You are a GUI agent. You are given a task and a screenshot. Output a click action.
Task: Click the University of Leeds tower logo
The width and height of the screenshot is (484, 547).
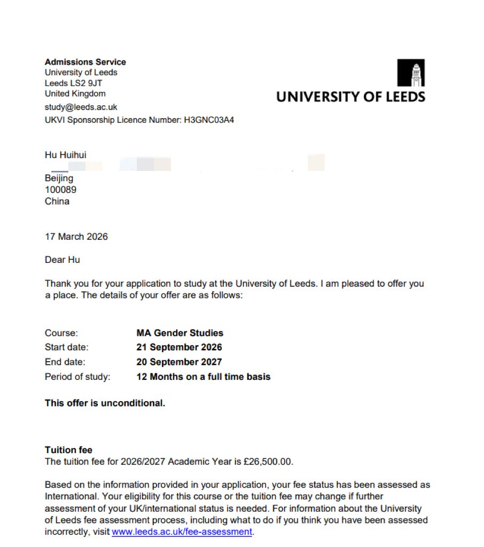coord(411,73)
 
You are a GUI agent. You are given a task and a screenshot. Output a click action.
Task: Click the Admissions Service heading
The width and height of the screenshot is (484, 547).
coord(85,62)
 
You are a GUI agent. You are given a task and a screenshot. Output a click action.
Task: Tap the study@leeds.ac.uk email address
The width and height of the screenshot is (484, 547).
coord(81,107)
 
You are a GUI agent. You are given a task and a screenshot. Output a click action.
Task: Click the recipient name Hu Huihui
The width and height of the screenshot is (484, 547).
coord(66,155)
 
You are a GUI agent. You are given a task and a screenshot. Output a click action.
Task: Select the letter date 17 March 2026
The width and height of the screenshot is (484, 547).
coord(76,237)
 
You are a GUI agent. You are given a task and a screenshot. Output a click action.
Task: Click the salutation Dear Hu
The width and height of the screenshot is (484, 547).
coord(63,260)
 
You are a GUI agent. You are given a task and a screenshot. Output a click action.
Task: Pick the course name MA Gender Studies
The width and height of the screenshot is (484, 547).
coord(180,333)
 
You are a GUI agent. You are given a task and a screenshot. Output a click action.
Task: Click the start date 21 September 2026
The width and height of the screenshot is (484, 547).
coord(179,347)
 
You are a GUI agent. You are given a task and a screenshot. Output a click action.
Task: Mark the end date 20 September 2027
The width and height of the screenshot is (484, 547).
coord(179,362)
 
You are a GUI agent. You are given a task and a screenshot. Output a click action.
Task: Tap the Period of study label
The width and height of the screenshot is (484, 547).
coord(77,377)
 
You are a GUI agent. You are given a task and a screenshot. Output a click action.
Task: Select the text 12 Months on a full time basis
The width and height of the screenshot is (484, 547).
coord(204,377)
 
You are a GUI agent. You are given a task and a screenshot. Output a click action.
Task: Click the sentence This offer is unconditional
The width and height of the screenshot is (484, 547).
coord(105,403)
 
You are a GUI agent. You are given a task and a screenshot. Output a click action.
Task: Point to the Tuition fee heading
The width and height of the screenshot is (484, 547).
coord(68,450)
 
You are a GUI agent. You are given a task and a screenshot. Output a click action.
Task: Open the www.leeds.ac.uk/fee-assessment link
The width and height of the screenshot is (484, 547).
coord(182,532)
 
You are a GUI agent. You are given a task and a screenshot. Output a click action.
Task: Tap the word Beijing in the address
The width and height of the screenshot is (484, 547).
coord(59,178)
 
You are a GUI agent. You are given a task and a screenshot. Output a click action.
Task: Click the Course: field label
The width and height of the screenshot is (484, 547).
coord(61,333)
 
